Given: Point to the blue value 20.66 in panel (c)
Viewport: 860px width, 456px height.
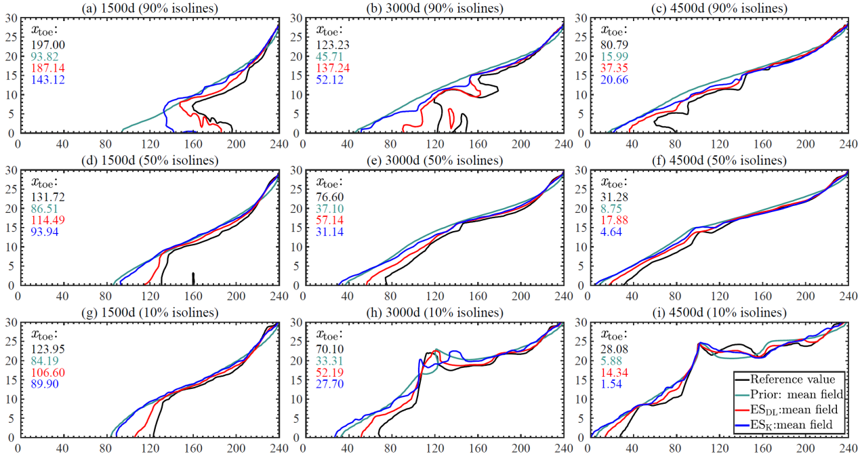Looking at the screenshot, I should click(614, 80).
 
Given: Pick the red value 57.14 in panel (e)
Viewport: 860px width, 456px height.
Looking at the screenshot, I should click(329, 221).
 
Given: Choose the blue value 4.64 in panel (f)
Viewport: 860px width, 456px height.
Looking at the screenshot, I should click(611, 233).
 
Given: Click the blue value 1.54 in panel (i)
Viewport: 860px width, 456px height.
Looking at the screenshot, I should click(611, 386).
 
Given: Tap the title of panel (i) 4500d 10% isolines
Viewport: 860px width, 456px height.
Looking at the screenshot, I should click(719, 312).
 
